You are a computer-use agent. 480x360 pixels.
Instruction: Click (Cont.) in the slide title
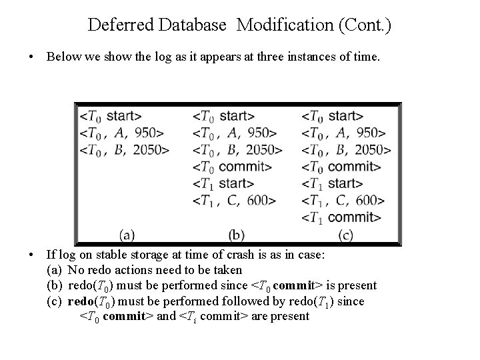point(366,26)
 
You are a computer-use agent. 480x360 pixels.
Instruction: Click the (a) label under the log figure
point(127,234)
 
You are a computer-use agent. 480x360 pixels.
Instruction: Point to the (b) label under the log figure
point(237,234)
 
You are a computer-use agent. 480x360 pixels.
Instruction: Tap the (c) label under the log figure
point(345,234)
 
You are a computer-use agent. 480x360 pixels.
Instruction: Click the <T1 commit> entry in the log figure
point(342,217)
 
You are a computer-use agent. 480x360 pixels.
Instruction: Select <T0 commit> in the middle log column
point(232,166)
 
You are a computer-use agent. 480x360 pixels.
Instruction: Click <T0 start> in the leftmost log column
point(111,115)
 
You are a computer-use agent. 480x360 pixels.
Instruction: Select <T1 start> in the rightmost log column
point(333,183)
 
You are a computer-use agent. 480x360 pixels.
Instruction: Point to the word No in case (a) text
point(76,271)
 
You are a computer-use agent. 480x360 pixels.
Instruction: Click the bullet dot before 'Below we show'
point(33,57)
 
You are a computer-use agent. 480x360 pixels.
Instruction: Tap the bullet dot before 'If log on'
point(33,255)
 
